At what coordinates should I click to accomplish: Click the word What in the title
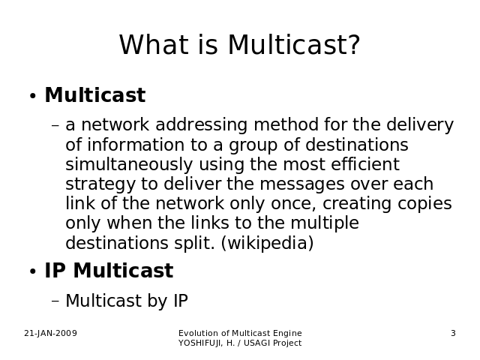[154, 45]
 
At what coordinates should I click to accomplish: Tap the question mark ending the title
[354, 45]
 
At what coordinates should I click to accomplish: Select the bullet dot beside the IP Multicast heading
[33, 271]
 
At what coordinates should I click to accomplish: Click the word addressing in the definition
[201, 124]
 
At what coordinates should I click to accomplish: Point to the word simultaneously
[129, 164]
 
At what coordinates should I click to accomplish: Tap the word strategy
[100, 184]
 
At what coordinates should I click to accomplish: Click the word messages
[302, 184]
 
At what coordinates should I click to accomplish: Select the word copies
[424, 204]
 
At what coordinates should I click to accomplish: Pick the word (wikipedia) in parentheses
[267, 243]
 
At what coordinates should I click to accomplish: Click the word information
[136, 145]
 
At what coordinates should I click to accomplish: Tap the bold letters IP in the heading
[55, 271]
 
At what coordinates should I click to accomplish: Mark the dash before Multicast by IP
[55, 301]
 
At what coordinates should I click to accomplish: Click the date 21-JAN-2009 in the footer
[50, 333]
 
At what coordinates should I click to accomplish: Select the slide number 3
[453, 333]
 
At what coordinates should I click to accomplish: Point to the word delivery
[420, 125]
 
